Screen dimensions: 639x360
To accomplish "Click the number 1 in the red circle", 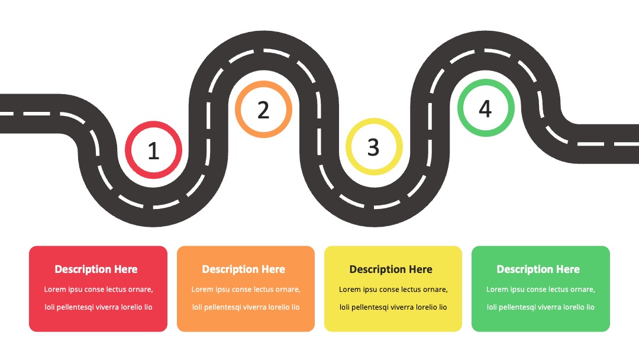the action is click(x=153, y=151).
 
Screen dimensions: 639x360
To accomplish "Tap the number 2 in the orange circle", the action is click(x=263, y=110).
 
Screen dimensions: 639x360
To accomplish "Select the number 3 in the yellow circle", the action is click(x=373, y=147).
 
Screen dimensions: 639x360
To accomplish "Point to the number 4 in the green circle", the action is click(x=485, y=109).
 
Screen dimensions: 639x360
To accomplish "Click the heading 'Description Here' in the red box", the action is click(x=96, y=269).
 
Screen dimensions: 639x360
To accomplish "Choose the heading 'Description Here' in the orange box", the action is click(x=244, y=269).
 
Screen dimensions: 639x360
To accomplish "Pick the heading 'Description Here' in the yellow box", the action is click(x=391, y=269).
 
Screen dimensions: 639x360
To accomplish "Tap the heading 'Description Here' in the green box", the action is click(x=538, y=269).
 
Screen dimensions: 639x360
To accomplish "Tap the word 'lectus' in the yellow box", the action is click(x=416, y=290).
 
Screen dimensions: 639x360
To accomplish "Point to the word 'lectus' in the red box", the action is click(x=121, y=290).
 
